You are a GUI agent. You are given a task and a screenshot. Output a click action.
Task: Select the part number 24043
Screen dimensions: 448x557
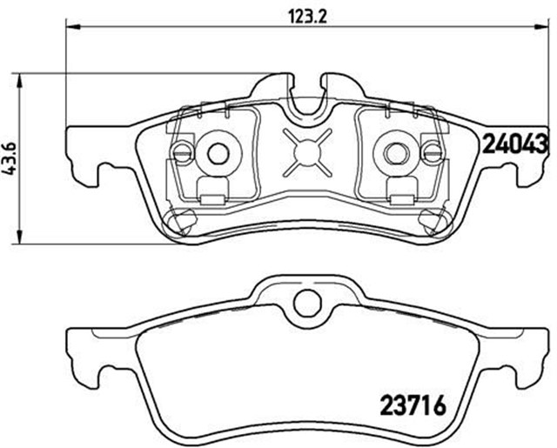pyautogui.click(x=514, y=141)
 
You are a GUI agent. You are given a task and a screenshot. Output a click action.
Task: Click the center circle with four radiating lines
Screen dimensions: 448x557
pyautogui.click(x=307, y=153)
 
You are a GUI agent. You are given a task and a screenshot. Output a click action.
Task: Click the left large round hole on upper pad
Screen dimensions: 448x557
pyautogui.click(x=217, y=153)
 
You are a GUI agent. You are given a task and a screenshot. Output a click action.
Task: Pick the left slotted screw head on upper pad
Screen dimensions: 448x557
pyautogui.click(x=182, y=153)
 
